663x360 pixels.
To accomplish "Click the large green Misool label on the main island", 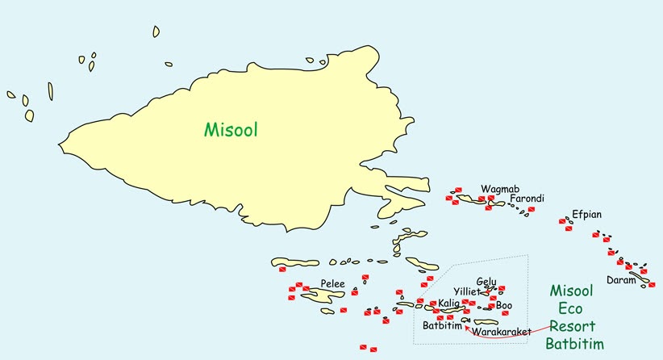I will coord(231,129).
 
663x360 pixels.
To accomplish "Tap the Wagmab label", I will coord(495,190).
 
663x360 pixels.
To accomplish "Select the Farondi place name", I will coord(527,199).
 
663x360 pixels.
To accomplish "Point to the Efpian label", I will coord(586,215).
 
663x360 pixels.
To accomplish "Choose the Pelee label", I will coord(333,284).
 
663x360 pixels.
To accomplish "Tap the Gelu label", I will coord(486,282).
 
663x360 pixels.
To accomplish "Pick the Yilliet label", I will coord(466,291).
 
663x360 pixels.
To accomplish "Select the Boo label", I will coord(504,305).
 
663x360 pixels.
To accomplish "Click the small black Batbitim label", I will coord(442,326).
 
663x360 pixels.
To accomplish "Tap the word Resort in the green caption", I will coord(572,326).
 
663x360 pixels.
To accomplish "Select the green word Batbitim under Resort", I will coord(574,344).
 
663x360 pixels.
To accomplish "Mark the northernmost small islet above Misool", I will coord(156,31).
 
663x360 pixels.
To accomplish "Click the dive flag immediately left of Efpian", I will coord(563,220).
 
